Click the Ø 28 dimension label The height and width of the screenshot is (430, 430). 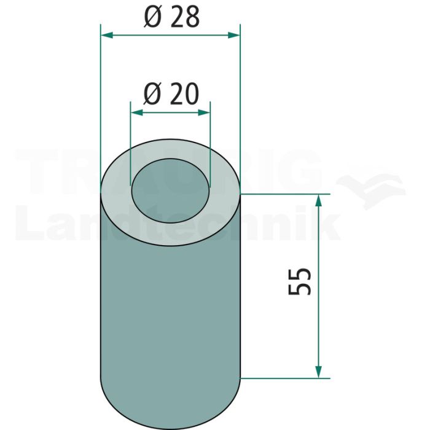(x=171, y=17)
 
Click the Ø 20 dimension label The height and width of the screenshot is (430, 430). (x=171, y=94)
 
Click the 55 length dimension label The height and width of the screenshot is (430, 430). (x=300, y=281)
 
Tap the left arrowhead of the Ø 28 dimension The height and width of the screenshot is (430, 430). (x=107, y=35)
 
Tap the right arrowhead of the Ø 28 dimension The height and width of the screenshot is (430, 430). (x=233, y=35)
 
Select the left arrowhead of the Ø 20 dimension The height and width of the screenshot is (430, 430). (x=137, y=112)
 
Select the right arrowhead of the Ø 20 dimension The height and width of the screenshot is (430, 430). (x=204, y=112)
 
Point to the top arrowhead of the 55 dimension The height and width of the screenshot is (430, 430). (x=318, y=200)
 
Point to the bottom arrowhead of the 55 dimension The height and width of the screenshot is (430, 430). (x=318, y=372)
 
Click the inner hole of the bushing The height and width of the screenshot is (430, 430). (x=170, y=191)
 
